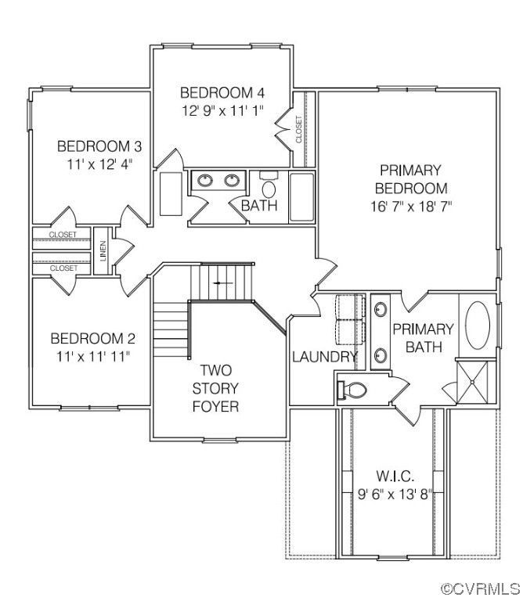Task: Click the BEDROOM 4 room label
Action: pos(216,92)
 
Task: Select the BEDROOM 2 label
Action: pos(92,339)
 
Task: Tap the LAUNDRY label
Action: pos(325,357)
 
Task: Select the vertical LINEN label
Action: pos(103,251)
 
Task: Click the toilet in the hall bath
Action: pos(269,188)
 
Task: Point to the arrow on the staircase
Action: pos(223,281)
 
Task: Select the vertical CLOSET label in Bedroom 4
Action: pos(298,128)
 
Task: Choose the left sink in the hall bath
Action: pos(205,181)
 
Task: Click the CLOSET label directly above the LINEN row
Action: pos(63,235)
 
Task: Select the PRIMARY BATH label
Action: pos(423,337)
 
